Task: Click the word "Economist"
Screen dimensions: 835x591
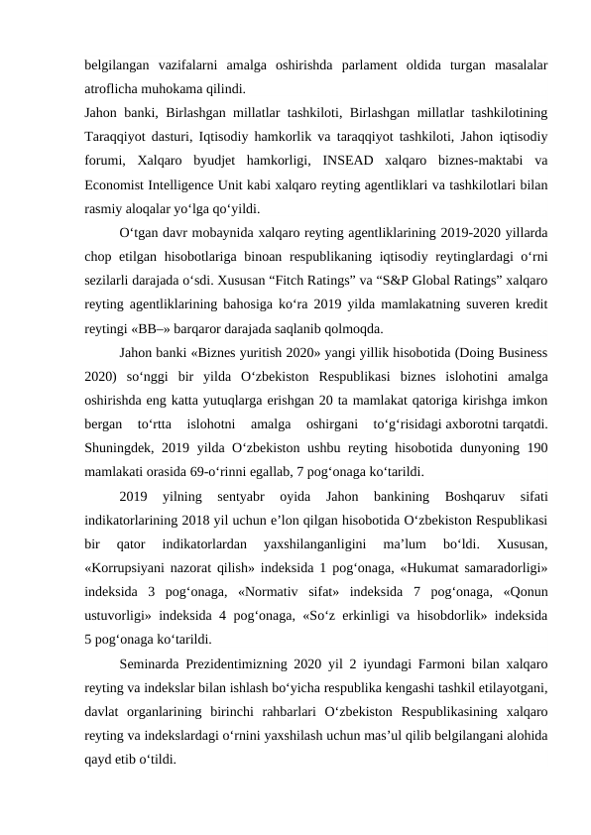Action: pyautogui.click(x=118, y=187)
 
